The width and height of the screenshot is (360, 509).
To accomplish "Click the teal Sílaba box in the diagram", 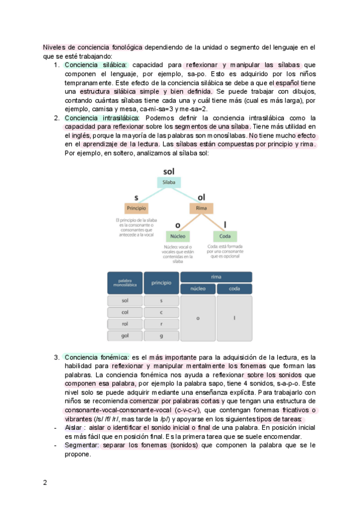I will coord(169,182).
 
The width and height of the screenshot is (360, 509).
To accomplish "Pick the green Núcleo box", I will coord(178,236).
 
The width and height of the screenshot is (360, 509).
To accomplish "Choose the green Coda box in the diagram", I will coord(225,236).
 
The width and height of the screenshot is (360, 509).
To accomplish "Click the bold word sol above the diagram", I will coord(169,172).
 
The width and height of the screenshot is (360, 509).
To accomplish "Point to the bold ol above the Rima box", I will coord(201,197).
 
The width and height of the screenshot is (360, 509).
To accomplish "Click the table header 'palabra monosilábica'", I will coord(125,283).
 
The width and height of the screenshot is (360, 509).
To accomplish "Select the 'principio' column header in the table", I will coord(161,283).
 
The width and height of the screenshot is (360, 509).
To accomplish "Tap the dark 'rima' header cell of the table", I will coord(216,277).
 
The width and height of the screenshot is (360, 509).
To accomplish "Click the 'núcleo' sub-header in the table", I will coord(197,289).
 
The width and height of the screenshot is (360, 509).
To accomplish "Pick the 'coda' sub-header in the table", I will coord(234,289).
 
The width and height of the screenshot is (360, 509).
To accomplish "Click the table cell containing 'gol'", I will coord(125,336).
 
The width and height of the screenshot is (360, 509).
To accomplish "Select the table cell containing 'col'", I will coord(125,312).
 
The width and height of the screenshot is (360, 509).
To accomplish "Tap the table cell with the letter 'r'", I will coord(161,324).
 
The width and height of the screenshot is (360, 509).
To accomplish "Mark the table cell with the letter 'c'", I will coord(161,312).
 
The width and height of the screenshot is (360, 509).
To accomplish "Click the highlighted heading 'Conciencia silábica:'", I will coord(95,65).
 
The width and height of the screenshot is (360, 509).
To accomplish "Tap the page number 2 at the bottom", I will coord(44,483).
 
